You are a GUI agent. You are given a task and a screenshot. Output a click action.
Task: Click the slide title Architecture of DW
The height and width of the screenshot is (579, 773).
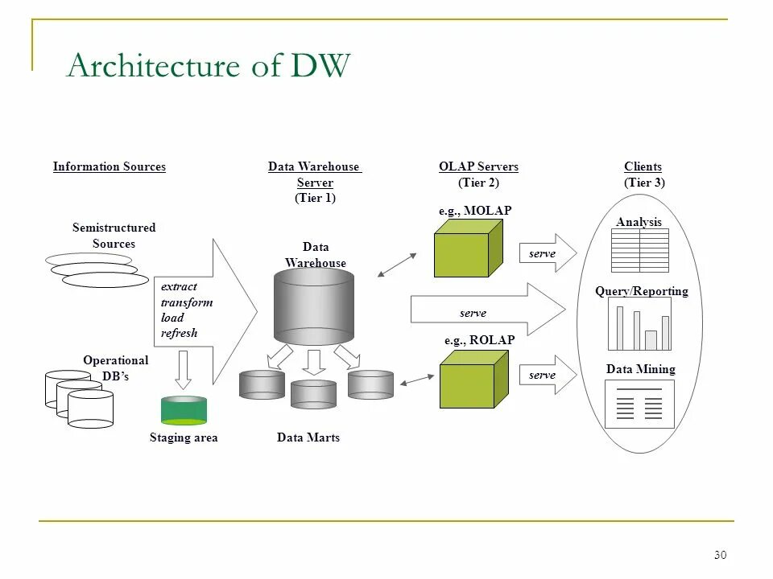click(x=209, y=64)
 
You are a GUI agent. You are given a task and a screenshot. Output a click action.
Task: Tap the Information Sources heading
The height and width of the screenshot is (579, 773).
click(x=110, y=166)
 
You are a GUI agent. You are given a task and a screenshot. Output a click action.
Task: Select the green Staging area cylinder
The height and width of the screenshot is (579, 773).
click(x=184, y=410)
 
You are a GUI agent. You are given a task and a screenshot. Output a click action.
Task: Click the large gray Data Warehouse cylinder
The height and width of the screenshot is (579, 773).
click(x=314, y=306)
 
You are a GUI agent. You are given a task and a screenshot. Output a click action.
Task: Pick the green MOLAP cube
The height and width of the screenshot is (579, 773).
click(x=469, y=248)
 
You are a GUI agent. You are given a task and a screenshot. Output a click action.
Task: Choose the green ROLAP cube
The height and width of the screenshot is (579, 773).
click(x=473, y=379)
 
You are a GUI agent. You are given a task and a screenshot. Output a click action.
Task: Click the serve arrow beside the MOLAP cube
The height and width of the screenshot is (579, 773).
click(x=548, y=253)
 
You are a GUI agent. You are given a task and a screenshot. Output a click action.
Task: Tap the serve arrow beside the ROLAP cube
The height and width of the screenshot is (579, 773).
click(x=548, y=375)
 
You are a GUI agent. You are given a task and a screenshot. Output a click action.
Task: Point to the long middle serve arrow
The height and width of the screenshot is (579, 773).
click(x=488, y=309)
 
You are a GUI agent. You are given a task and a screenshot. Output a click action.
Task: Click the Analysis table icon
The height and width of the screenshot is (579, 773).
click(x=640, y=250)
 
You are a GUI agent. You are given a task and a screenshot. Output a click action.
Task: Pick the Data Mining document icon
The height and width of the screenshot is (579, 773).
click(x=639, y=404)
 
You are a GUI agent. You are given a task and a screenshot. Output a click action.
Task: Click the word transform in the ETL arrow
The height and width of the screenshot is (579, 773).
click(x=187, y=302)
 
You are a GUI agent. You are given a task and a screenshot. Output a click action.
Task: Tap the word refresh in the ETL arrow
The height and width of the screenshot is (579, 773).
click(x=179, y=333)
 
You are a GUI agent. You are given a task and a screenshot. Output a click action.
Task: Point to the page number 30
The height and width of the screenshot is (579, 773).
click(x=720, y=555)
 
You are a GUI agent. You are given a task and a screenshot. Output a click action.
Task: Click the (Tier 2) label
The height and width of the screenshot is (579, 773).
click(x=478, y=183)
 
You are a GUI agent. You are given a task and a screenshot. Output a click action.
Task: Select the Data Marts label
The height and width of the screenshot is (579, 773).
click(x=308, y=437)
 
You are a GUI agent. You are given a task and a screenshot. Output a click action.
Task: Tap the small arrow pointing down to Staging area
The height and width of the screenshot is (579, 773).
click(x=184, y=370)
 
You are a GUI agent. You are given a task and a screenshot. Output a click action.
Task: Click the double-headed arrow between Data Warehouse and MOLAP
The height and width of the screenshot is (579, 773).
click(x=397, y=265)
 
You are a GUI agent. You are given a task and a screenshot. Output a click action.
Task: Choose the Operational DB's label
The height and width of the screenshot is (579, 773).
click(x=116, y=368)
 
